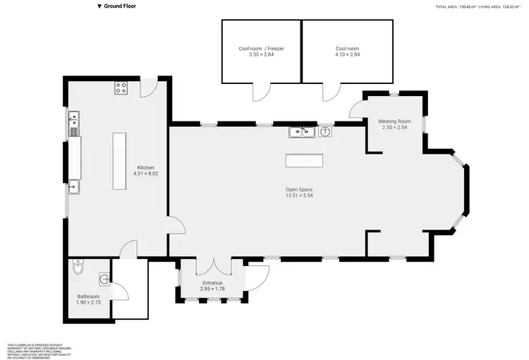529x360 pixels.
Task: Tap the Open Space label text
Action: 298,189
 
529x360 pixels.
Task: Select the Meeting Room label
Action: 394,121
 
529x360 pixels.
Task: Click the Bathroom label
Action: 88,296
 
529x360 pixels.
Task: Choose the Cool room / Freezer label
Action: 261,49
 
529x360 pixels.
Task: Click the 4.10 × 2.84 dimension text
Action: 347,55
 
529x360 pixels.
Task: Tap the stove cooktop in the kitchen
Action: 121,89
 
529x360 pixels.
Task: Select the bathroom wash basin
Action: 104,277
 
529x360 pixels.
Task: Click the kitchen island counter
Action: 118,161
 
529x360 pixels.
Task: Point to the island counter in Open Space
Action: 305,160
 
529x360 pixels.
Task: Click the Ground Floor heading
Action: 116,6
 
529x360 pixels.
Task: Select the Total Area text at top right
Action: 459,6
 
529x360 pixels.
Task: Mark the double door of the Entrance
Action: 212,268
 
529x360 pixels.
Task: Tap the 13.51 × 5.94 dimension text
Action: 298,196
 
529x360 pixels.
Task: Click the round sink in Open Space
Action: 326,131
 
